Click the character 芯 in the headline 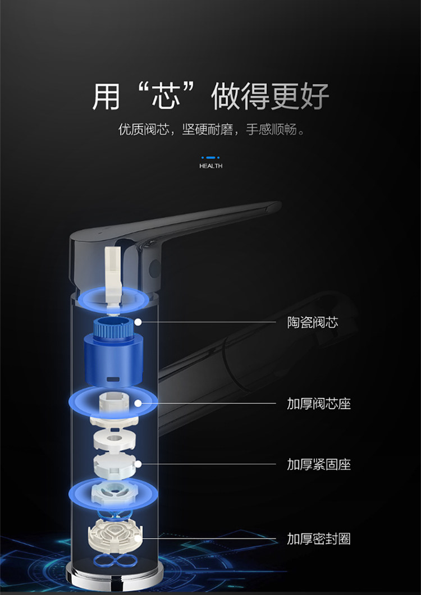[x=167, y=97]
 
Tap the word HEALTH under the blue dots [x=210, y=166]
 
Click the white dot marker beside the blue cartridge [x=138, y=323]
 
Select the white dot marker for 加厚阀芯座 [x=138, y=403]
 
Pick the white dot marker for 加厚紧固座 [x=138, y=464]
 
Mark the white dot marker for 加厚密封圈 [x=138, y=538]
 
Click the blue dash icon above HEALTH [x=210, y=158]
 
